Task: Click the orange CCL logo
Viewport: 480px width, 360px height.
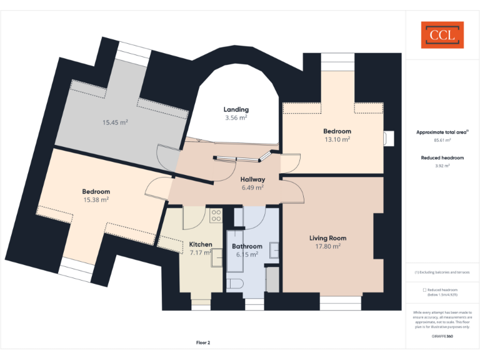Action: click(x=442, y=35)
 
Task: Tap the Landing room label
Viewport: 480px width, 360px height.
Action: click(x=236, y=109)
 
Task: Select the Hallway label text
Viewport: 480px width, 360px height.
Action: click(x=252, y=179)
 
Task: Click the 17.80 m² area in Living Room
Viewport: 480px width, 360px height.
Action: click(x=327, y=246)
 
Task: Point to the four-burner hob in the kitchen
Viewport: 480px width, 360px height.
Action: click(x=216, y=216)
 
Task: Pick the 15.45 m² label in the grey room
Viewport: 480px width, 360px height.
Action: click(x=115, y=122)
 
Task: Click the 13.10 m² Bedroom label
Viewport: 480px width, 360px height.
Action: click(x=337, y=139)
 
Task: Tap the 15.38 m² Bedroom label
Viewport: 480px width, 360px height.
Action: click(x=96, y=199)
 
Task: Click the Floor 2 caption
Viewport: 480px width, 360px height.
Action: click(x=203, y=342)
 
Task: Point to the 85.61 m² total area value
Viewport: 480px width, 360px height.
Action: click(x=442, y=141)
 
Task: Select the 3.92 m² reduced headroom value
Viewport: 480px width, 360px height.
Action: click(x=442, y=166)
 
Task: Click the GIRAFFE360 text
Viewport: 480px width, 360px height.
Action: click(x=442, y=336)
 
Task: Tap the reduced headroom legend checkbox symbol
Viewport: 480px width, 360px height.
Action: click(x=424, y=290)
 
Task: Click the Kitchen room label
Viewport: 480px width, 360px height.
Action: click(x=201, y=244)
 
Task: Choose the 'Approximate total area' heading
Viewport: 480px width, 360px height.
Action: click(x=442, y=132)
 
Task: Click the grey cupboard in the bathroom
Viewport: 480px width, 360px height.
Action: click(x=272, y=279)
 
